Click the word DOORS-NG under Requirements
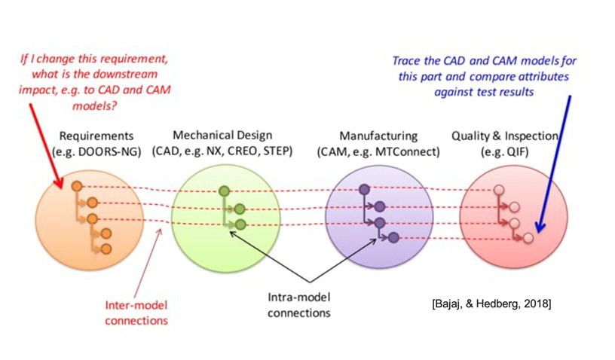(109, 152)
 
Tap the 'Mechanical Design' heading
(222, 136)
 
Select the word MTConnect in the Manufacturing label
(406, 151)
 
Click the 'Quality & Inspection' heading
(505, 136)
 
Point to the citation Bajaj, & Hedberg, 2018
(491, 304)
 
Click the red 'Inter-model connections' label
(136, 313)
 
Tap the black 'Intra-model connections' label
(299, 305)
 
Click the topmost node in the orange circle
(77, 186)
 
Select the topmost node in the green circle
(224, 191)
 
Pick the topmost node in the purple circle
(364, 190)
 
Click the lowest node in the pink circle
(528, 238)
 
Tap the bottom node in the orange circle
(106, 249)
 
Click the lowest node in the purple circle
(393, 237)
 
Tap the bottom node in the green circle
(240, 224)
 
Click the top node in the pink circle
(499, 191)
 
